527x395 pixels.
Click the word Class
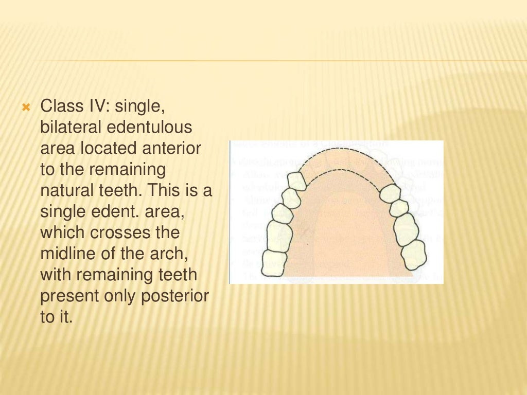[58, 107]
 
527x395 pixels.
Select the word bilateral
[71, 128]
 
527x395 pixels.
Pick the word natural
[66, 191]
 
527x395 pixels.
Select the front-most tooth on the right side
[390, 193]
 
